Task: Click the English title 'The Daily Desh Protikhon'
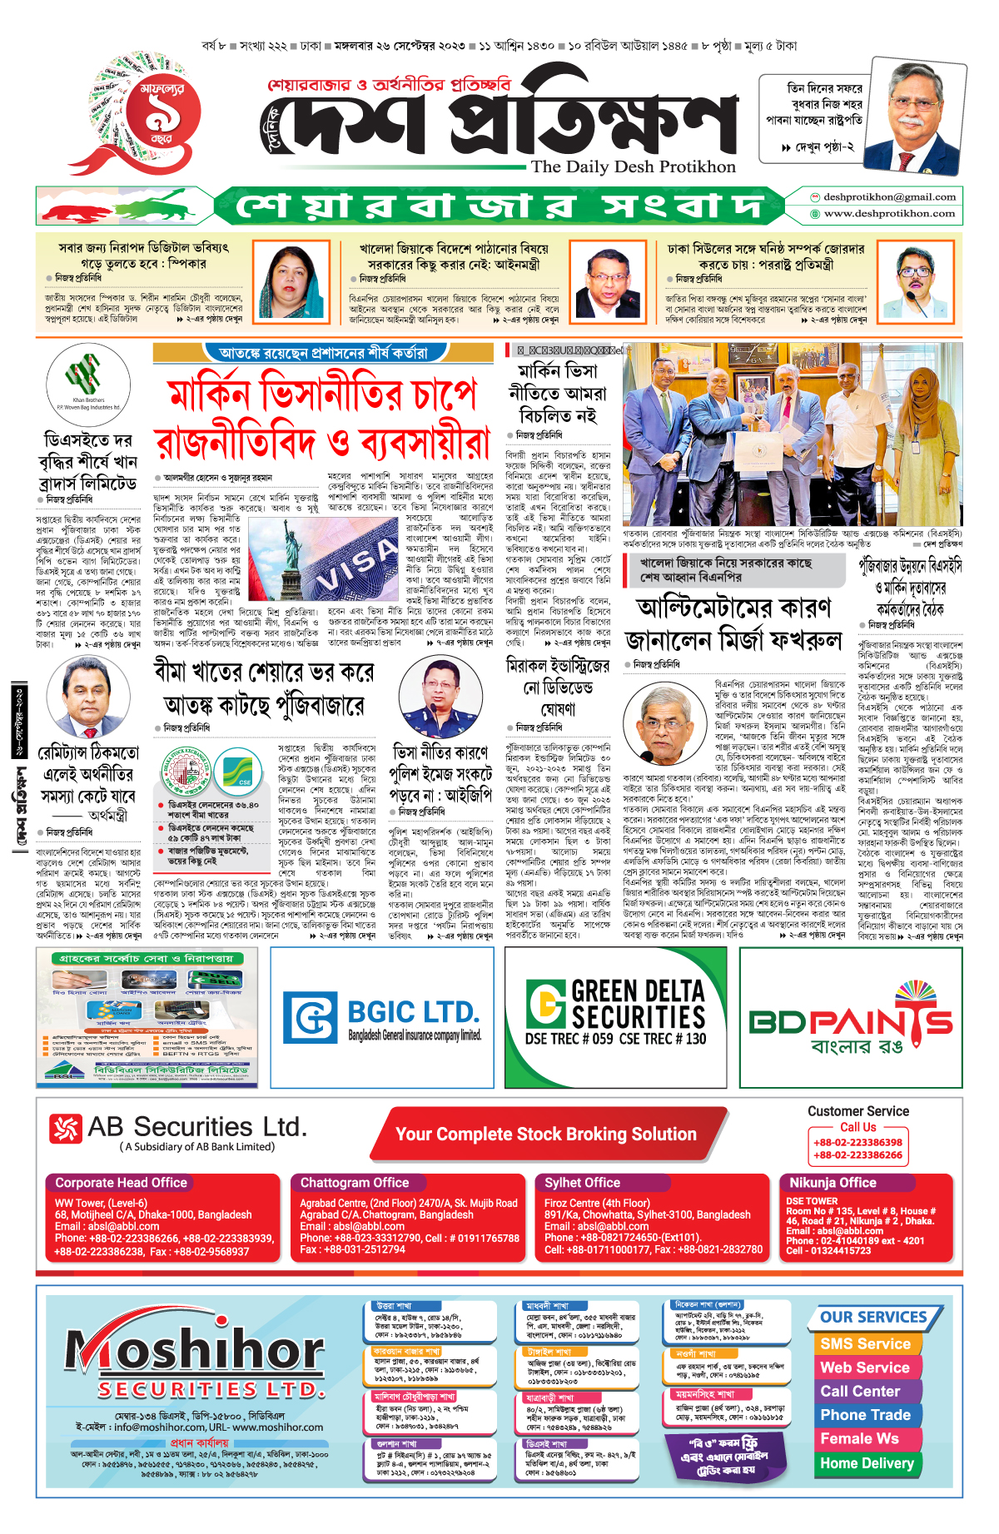point(634,166)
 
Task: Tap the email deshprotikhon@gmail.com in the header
point(889,197)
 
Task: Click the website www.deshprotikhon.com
point(889,214)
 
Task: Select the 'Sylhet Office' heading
point(582,1183)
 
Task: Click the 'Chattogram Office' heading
point(355,1183)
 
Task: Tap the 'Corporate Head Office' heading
point(121,1183)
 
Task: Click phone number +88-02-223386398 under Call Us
point(857,1143)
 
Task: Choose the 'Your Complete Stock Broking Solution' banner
point(545,1134)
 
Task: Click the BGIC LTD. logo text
point(413,1013)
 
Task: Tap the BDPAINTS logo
point(851,1020)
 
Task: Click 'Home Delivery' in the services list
point(867,1463)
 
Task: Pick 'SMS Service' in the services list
point(865,1344)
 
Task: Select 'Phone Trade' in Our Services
point(865,1415)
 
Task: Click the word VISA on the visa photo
point(356,563)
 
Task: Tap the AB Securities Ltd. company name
point(196,1128)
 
